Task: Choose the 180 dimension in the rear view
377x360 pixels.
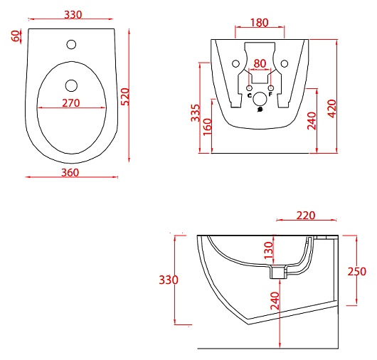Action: coord(260,23)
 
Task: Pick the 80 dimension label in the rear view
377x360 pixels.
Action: coord(260,64)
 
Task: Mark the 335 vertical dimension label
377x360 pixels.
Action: coord(195,112)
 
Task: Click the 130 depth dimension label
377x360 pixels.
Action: coord(268,251)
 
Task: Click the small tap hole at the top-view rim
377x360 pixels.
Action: coord(70,46)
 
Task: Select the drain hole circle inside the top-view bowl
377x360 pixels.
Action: coord(70,85)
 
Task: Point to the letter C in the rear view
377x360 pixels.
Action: coord(249,95)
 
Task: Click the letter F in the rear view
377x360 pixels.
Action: coord(270,95)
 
